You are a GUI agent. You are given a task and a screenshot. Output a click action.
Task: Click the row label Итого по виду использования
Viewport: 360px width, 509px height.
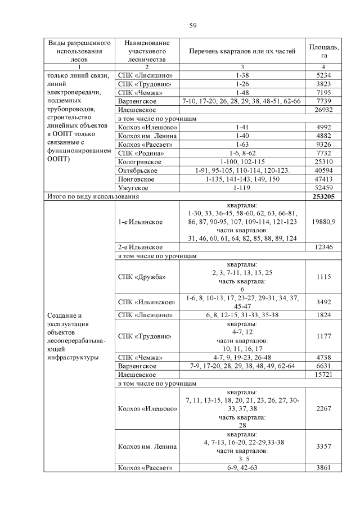[x=92, y=197]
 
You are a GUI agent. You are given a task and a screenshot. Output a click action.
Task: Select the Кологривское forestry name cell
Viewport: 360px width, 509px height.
[x=138, y=161]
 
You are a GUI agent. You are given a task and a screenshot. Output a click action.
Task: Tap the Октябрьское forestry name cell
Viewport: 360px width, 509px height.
[x=138, y=170]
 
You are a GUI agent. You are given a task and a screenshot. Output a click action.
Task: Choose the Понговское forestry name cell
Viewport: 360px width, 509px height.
[x=137, y=179]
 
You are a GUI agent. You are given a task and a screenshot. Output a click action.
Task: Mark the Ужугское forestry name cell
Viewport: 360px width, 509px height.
[x=133, y=188]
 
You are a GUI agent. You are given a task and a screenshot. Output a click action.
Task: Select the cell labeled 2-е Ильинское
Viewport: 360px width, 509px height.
[x=140, y=247]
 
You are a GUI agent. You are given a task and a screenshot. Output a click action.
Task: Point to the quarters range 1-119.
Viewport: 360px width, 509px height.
[x=242, y=188]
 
